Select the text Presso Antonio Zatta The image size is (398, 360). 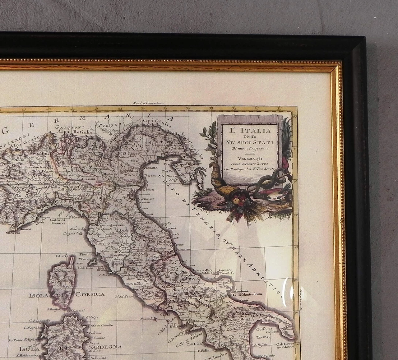[249, 164]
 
